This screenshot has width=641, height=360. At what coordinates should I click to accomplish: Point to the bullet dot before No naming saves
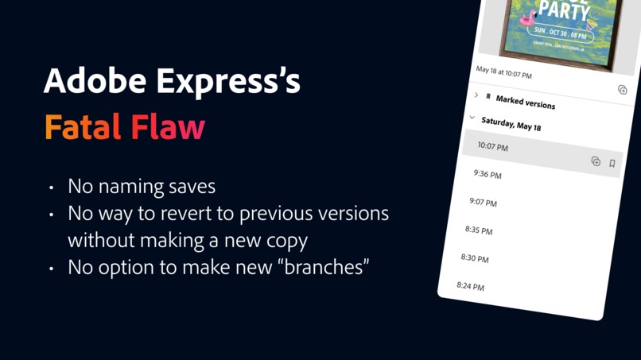click(51, 188)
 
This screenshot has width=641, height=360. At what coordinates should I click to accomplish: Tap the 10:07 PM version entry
click(492, 146)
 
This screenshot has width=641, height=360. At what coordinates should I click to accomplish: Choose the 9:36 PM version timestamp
click(487, 174)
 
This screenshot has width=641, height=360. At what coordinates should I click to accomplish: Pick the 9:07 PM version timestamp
click(483, 202)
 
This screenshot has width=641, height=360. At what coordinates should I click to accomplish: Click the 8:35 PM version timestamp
click(479, 230)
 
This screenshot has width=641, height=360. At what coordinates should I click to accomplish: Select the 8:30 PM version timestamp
click(475, 258)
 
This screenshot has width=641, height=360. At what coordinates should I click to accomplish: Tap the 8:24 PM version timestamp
click(470, 286)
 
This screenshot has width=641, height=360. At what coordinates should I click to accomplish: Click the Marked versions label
click(525, 102)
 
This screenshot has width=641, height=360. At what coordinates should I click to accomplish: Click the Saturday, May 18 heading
click(511, 124)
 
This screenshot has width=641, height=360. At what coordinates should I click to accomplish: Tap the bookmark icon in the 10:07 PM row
click(612, 164)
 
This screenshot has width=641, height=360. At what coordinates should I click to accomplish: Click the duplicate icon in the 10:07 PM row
click(596, 161)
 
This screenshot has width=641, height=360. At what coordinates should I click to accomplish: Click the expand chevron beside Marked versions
click(476, 95)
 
